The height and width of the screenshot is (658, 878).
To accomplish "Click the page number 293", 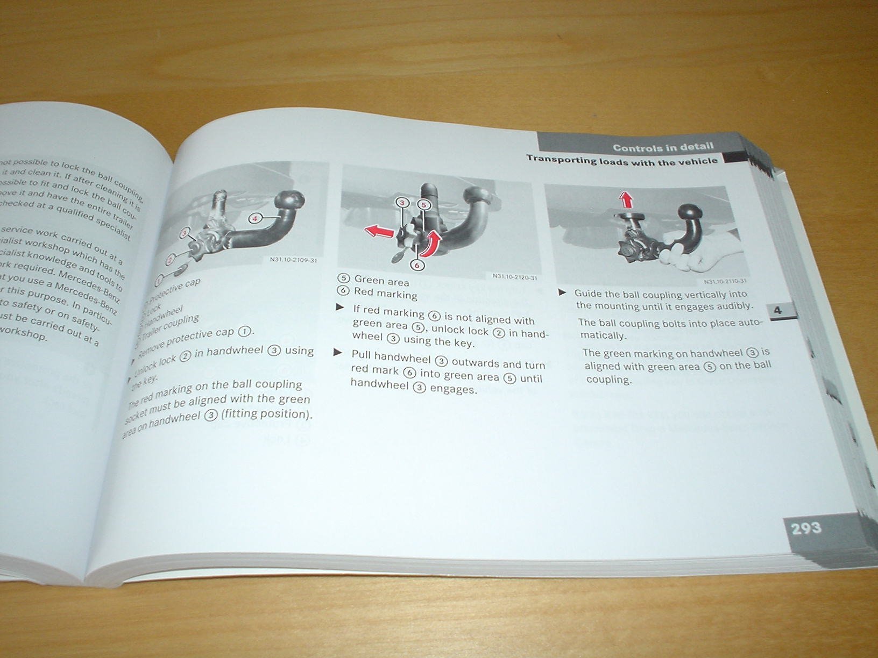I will pos(806,528).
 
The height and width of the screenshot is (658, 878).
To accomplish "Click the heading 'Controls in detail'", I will pos(663,147).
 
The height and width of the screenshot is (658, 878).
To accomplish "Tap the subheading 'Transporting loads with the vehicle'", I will pos(621,160).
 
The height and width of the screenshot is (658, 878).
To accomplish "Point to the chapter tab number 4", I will pos(778,310).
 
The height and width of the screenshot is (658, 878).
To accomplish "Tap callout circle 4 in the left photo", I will pos(256,218).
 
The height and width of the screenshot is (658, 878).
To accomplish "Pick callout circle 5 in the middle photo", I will pos(423,205).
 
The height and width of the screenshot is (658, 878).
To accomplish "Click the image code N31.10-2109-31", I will pos(293,261).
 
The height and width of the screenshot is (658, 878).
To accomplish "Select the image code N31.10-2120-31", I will pos(514,277).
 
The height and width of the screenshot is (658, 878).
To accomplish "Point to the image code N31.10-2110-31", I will pos(725,281).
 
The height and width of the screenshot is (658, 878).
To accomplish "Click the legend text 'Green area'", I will pos(381,281).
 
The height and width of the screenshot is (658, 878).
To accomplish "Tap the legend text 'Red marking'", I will pos(385,294).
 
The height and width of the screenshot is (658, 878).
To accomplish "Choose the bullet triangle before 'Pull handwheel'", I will pos(338,353).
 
